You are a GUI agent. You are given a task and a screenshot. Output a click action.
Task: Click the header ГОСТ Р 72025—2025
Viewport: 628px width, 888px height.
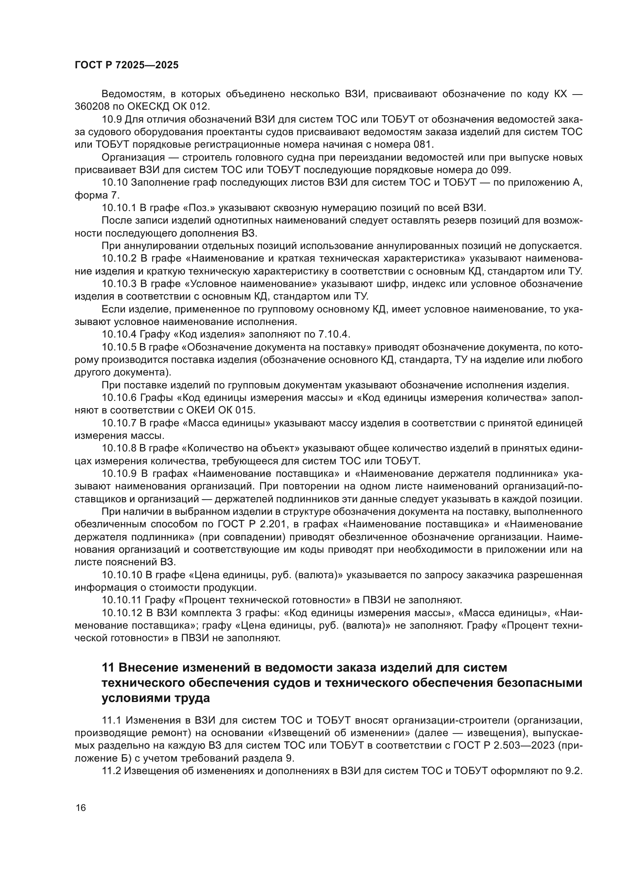tap(126, 65)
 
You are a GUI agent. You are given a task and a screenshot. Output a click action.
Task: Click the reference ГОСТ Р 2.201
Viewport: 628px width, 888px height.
tap(260, 524)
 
